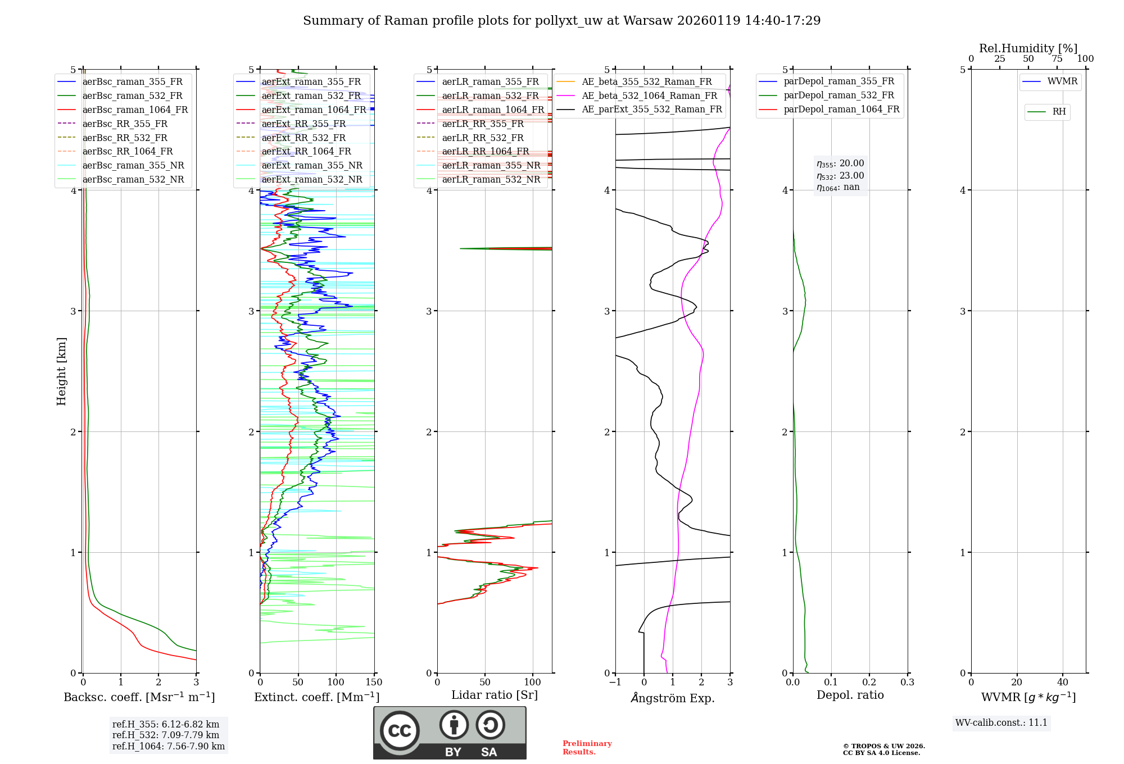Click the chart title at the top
click(x=561, y=21)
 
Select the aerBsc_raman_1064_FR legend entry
click(x=135, y=110)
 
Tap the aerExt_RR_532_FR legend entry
click(x=303, y=138)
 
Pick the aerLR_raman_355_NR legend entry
click(x=491, y=165)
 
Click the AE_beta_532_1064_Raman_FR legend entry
click(x=649, y=95)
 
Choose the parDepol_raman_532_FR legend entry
click(x=839, y=95)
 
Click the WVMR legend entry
click(x=1062, y=81)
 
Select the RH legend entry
click(x=1059, y=112)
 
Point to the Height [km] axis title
click(x=61, y=371)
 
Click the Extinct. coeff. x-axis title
click(x=316, y=697)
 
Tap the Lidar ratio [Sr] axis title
click(x=494, y=695)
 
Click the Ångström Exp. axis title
click(x=672, y=698)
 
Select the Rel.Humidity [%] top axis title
click(x=1028, y=48)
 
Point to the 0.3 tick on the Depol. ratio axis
click(x=907, y=683)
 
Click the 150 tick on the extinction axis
click(x=374, y=683)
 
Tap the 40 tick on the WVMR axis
click(x=1062, y=683)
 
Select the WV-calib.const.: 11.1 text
click(x=1001, y=722)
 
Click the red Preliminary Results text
click(x=587, y=748)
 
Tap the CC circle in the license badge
click(x=400, y=731)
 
